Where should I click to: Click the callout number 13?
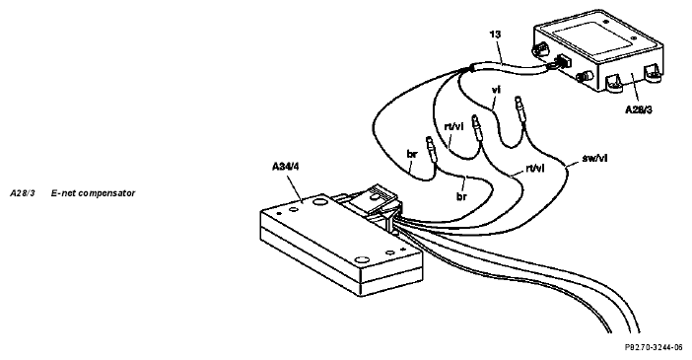click(x=496, y=35)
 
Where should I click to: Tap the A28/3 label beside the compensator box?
click(x=639, y=110)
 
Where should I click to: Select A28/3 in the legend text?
click(x=23, y=193)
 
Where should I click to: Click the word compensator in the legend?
click(x=106, y=193)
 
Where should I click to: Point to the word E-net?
click(x=63, y=193)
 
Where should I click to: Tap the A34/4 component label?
click(x=286, y=167)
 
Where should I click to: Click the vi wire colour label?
click(x=496, y=90)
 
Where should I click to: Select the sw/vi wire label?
click(x=595, y=158)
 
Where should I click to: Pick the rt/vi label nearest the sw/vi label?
click(x=535, y=168)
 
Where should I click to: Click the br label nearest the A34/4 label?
click(x=412, y=154)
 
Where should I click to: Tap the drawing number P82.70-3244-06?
click(x=654, y=347)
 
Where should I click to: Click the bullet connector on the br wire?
click(x=431, y=150)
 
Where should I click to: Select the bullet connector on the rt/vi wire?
click(x=477, y=127)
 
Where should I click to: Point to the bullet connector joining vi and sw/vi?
click(x=521, y=108)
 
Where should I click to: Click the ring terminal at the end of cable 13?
click(x=549, y=67)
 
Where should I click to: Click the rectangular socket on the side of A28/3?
click(x=563, y=61)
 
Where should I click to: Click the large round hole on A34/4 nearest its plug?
click(x=318, y=202)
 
